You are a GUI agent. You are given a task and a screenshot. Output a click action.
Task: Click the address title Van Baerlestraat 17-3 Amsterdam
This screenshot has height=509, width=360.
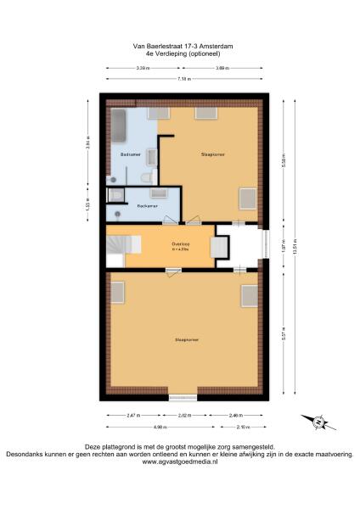click(179, 48)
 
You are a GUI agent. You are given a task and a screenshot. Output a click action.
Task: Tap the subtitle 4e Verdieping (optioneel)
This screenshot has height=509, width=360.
click(179, 54)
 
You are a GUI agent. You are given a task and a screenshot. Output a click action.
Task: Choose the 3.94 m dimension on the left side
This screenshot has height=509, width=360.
click(87, 143)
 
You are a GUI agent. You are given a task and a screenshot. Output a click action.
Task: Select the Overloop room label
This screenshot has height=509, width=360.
click(179, 245)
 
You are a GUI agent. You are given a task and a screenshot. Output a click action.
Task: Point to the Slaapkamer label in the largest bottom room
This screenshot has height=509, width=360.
click(187, 339)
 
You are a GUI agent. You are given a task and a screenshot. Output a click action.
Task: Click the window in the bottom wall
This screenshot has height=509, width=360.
click(183, 397)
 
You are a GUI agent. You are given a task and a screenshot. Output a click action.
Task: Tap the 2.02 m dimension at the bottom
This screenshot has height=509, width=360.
click(183, 416)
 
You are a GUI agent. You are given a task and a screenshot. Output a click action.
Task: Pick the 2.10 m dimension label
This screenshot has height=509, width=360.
click(242, 427)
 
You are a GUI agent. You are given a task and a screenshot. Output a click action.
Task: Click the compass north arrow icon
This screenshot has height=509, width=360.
click(315, 422)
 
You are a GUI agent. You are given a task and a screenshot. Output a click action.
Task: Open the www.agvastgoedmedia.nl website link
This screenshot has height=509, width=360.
click(179, 461)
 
